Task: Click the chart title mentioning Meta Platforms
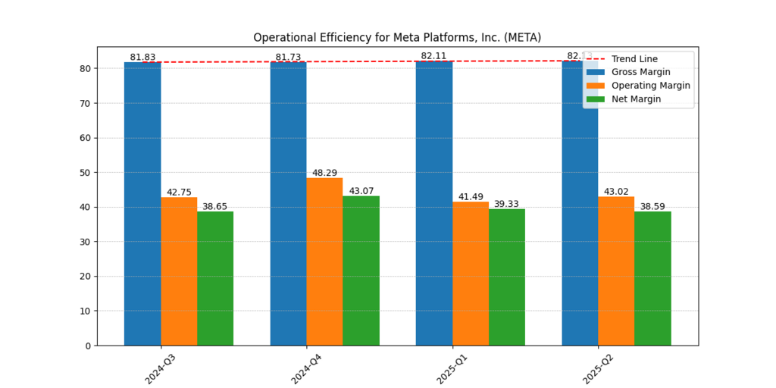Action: (397, 37)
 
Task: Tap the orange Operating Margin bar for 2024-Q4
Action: (324, 261)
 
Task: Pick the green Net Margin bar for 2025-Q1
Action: (507, 277)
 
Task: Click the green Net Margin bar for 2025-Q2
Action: (652, 278)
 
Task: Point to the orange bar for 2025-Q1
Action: (471, 274)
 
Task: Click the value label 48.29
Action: (324, 173)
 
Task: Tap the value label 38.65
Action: (214, 206)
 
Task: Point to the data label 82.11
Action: (433, 57)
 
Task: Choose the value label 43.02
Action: (616, 191)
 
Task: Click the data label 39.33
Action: (507, 204)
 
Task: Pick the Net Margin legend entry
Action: (636, 99)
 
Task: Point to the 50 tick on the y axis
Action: (86, 172)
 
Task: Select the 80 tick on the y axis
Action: (86, 68)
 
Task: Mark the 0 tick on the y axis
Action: (88, 346)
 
